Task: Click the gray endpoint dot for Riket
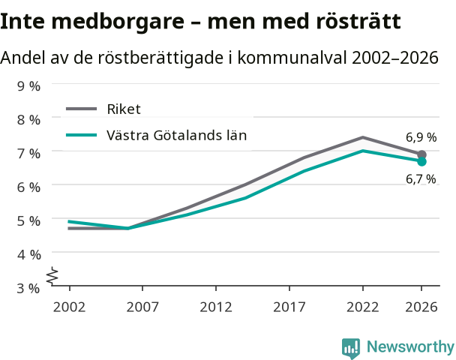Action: pos(421,154)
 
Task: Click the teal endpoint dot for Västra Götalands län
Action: pos(421,161)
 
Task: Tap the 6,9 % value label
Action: pos(421,137)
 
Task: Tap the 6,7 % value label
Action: pos(421,179)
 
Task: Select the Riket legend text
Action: pos(124,109)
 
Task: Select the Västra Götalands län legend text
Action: pos(176,136)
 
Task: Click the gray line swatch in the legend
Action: pos(82,109)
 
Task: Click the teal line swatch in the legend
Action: pos(82,135)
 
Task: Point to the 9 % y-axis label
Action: pos(28,86)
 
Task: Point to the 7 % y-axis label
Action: pos(28,154)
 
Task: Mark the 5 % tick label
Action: pos(28,221)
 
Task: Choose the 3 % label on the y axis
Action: pos(28,289)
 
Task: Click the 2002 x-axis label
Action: pos(69,307)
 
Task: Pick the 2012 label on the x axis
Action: pos(216,307)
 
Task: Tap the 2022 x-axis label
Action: pos(363,307)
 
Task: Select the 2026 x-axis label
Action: pos(421,307)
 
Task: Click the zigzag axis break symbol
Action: pos(52,275)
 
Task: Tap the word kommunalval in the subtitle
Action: pos(292,57)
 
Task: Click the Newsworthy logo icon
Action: pos(351,348)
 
